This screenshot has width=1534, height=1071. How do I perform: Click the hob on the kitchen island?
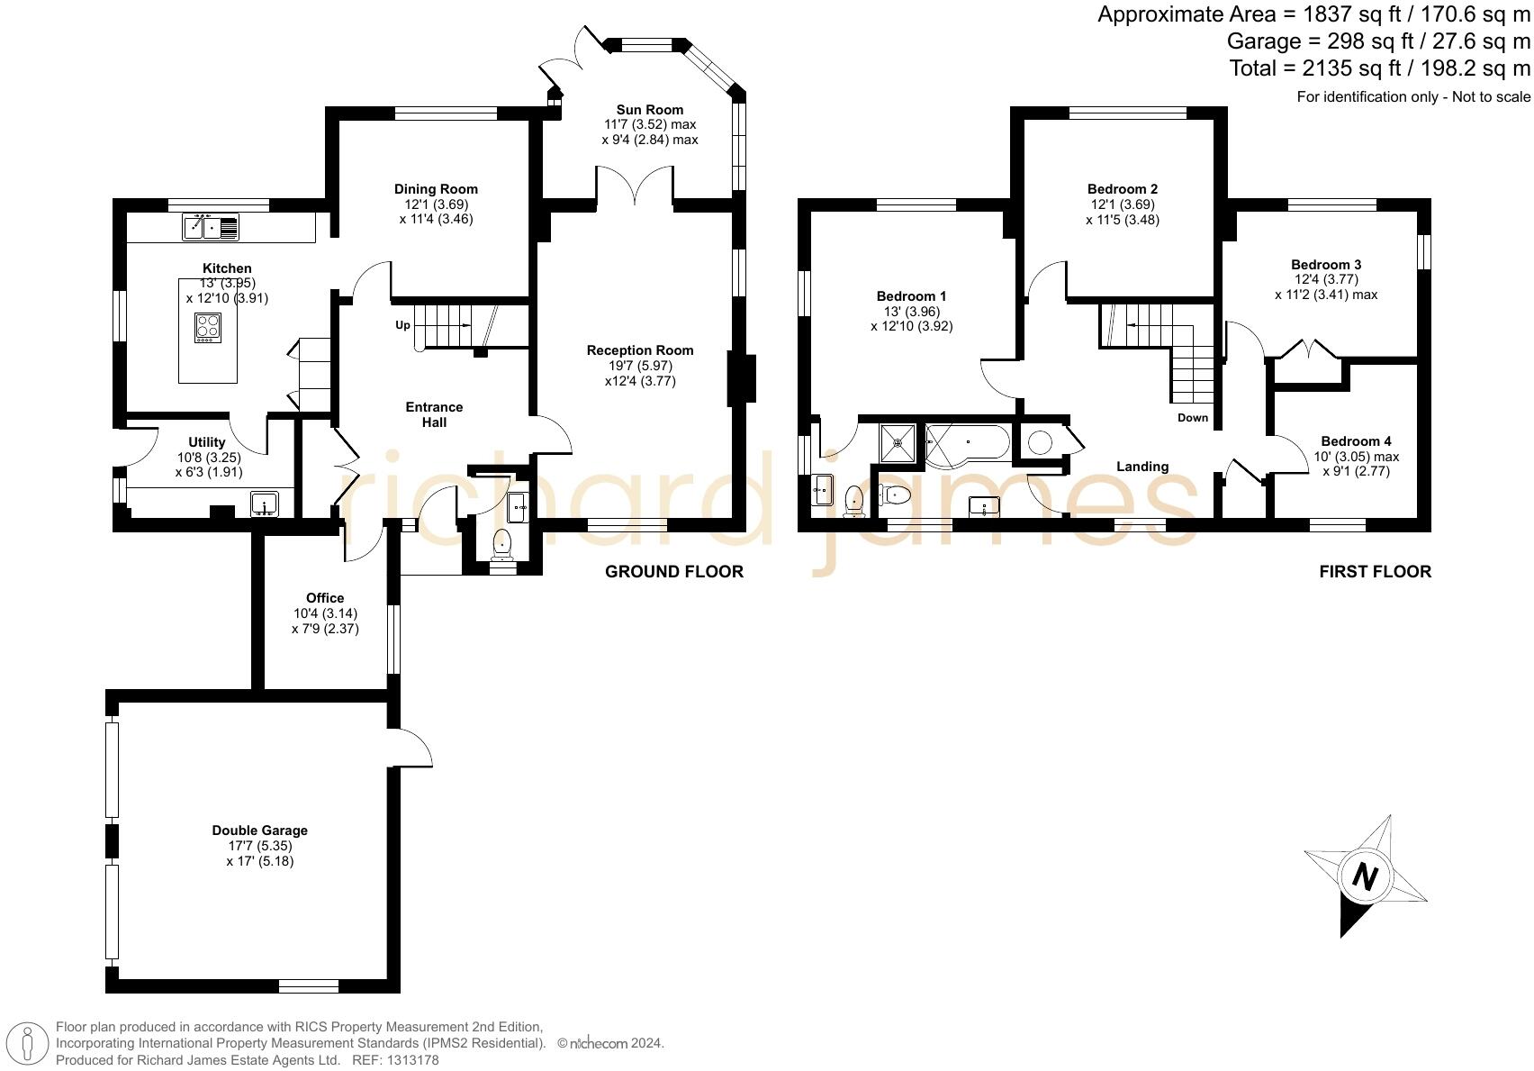[208, 327]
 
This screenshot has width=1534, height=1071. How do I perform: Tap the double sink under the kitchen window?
[211, 227]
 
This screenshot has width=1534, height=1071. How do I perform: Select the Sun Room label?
[649, 110]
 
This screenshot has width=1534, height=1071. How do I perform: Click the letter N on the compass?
[1365, 876]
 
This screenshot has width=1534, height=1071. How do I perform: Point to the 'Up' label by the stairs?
[402, 325]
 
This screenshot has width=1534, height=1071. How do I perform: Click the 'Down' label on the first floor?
[1193, 418]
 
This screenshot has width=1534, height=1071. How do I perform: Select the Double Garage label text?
[259, 830]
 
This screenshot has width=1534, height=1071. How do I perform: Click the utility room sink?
[265, 503]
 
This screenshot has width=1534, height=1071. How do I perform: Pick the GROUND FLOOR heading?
[673, 571]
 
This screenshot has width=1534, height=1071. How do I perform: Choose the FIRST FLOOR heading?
[1375, 571]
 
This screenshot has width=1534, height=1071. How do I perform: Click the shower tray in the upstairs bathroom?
[898, 442]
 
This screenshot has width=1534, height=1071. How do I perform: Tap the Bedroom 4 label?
[1356, 441]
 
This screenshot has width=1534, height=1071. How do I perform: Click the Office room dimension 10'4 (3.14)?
[324, 613]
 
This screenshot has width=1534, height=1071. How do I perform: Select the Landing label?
[1142, 467]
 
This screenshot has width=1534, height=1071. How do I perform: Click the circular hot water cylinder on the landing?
[1040, 442]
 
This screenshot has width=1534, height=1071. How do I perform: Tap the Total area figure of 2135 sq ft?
[1379, 68]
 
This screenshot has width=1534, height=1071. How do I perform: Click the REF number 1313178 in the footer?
[408, 1060]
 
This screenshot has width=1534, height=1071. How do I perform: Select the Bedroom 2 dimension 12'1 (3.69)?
[1122, 204]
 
